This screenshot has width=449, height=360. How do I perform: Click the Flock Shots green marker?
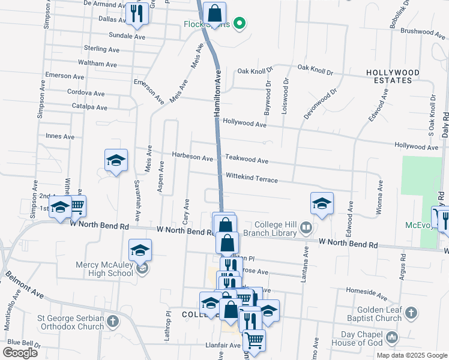(x=240, y=25)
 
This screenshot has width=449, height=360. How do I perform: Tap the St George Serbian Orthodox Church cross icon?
(x=112, y=323)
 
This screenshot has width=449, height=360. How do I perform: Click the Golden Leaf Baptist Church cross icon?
(x=411, y=313)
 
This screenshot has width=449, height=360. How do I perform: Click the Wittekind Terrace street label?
(x=252, y=179)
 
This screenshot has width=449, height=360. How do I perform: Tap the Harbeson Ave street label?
(x=192, y=158)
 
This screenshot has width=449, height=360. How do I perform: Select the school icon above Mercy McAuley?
(x=140, y=249)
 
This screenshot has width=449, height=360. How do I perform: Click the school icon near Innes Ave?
(x=116, y=160)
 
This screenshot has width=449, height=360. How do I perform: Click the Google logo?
(x=20, y=353)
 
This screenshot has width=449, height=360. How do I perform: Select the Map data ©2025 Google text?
(x=411, y=355)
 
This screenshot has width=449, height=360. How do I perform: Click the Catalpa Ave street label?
(x=89, y=107)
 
